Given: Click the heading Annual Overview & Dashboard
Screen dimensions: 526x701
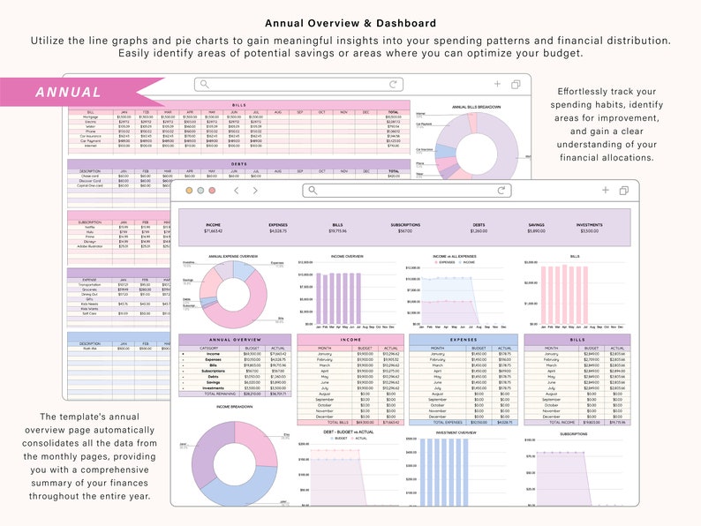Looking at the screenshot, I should (x=350, y=23).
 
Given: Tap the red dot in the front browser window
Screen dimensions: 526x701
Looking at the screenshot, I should (x=189, y=190).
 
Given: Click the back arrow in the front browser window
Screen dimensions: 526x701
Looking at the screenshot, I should (x=236, y=190).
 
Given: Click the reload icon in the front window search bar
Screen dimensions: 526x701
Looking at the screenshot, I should (x=502, y=190).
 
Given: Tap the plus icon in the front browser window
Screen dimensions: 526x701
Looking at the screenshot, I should (x=605, y=190).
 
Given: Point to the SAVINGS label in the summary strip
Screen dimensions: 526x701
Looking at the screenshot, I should (x=536, y=225).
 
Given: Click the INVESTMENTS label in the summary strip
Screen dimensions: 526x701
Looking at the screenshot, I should (x=590, y=225).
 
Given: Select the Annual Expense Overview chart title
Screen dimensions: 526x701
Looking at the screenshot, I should (x=233, y=257).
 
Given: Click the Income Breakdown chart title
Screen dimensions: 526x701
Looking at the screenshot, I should (x=234, y=407).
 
